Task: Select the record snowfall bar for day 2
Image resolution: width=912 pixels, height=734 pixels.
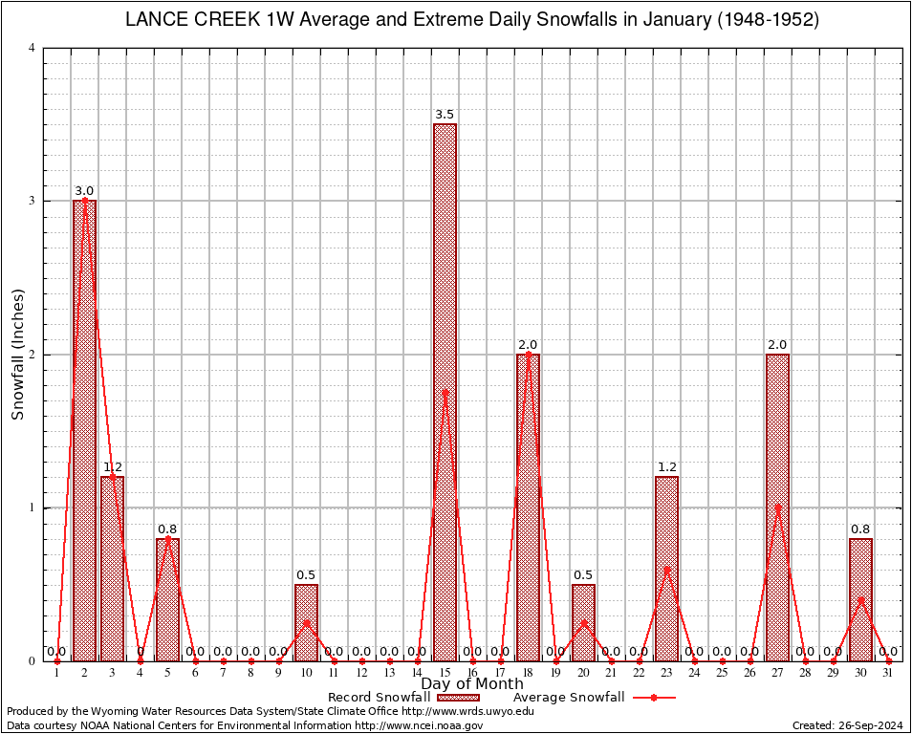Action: [x=84, y=430]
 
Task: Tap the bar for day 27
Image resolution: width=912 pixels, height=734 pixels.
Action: [x=777, y=507]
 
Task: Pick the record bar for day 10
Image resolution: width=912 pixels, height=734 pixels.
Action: [x=306, y=622]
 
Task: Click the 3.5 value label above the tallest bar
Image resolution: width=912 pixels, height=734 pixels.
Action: [x=445, y=115]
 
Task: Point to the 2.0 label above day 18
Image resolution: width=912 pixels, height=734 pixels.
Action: [x=528, y=344]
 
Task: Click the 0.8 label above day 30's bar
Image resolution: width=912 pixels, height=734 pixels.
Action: [x=860, y=529]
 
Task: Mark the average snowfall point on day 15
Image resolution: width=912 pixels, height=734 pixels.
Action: [x=445, y=392]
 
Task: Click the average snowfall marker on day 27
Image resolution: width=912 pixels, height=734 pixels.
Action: [x=777, y=507]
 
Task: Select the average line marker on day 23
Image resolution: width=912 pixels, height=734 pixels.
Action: [x=666, y=569]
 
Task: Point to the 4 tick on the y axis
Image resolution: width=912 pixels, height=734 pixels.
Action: [x=33, y=48]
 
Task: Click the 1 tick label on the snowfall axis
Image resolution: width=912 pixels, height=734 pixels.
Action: [x=33, y=507]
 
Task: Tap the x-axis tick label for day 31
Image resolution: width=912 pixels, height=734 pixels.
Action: [x=888, y=674]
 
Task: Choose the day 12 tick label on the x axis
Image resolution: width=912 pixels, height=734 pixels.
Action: [x=361, y=674]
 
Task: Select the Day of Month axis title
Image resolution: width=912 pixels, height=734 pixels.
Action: [x=472, y=683]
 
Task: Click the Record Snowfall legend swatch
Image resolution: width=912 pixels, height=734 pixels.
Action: [x=458, y=698]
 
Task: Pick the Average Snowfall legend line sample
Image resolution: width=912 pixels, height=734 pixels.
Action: [x=653, y=698]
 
